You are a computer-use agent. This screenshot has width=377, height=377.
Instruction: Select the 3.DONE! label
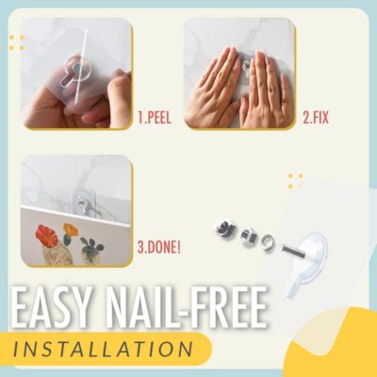pyautogui.click(x=158, y=249)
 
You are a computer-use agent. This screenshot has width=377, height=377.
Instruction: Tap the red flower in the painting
pyautogui.click(x=44, y=233)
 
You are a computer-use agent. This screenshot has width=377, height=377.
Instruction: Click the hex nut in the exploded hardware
pyautogui.click(x=249, y=235)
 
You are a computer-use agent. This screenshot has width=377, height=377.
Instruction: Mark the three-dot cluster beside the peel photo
pyautogui.click(x=16, y=41)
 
